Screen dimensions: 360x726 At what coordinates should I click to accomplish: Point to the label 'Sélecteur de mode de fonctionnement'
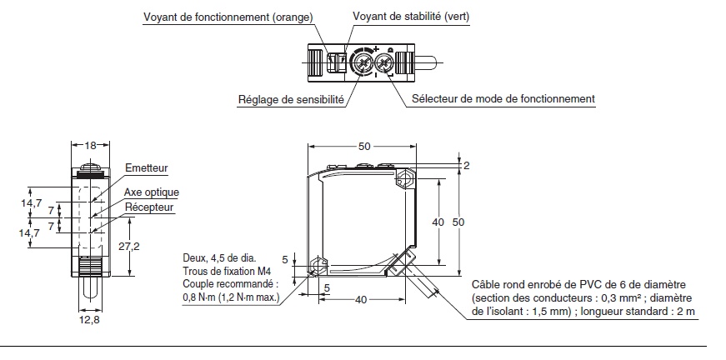[x=502, y=99]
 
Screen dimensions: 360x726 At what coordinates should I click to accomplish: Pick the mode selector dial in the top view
[x=385, y=63]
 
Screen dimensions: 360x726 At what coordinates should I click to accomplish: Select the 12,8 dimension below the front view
[x=90, y=320]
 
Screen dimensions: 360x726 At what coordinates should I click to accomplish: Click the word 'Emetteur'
[x=146, y=168]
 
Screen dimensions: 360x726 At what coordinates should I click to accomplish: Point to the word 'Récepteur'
[x=149, y=207]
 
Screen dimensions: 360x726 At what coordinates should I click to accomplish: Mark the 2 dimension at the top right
[x=466, y=166]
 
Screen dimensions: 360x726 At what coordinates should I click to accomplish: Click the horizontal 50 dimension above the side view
[x=364, y=146]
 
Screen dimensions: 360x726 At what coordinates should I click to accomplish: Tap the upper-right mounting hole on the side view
[x=403, y=179]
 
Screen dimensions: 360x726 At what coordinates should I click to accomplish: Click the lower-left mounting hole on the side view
[x=315, y=268]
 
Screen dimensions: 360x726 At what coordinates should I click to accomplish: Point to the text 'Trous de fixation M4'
[x=228, y=271]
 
